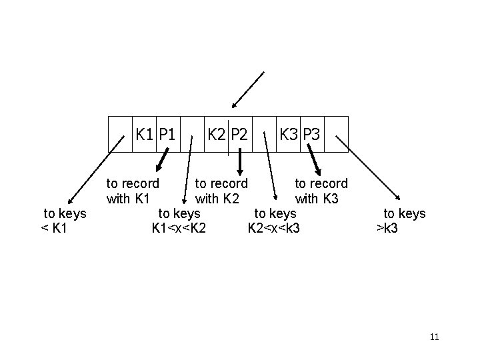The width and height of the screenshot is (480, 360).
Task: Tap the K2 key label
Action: point(217,134)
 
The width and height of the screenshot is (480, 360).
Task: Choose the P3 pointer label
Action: point(311,134)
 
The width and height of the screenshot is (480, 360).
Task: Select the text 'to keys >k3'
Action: point(403,221)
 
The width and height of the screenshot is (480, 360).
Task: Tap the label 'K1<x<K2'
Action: point(179,228)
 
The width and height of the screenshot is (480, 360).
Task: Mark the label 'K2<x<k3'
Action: point(273,228)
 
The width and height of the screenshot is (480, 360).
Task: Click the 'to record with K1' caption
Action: point(133,190)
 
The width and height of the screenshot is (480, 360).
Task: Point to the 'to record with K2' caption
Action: point(221,190)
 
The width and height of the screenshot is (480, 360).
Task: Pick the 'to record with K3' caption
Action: point(321,190)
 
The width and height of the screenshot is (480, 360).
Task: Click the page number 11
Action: point(435,337)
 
